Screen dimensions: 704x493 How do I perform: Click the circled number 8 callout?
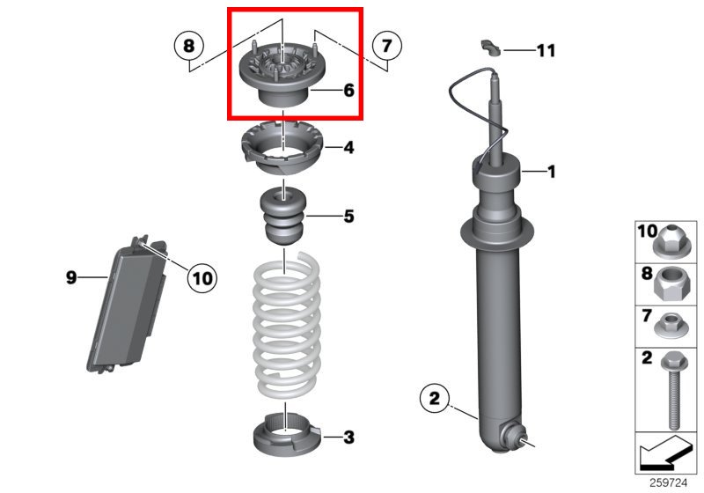[x=189, y=46]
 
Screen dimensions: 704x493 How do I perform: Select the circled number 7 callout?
[x=387, y=46]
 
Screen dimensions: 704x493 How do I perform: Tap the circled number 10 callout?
[x=202, y=278]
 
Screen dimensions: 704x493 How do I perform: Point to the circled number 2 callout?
[x=434, y=398]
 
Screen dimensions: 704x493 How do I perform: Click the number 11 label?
[x=546, y=50]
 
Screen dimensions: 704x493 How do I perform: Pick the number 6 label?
[x=348, y=91]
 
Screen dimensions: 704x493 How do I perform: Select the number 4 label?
[x=348, y=147]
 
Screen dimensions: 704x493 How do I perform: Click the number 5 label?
[x=348, y=217]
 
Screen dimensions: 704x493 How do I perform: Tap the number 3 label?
[x=348, y=437]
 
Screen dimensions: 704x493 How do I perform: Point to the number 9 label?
[x=71, y=277]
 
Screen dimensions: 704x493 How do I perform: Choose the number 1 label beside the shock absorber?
[x=552, y=171]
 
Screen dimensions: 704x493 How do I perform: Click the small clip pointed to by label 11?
[x=491, y=48]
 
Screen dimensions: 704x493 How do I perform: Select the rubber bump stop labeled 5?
[x=283, y=216]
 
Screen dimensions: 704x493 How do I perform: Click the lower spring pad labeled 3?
[x=287, y=435]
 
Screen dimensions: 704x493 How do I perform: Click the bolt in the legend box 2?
[x=674, y=390]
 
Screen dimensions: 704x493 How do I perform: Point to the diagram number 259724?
[x=668, y=482]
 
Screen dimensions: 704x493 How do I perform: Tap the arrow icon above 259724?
[x=665, y=453]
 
